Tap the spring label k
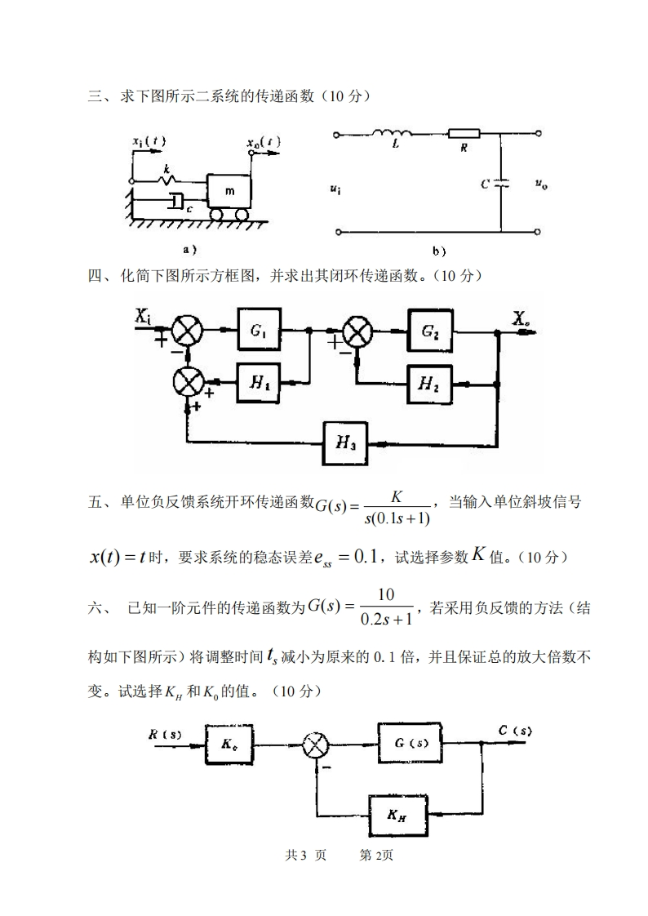(166, 170)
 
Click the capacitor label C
(485, 185)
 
